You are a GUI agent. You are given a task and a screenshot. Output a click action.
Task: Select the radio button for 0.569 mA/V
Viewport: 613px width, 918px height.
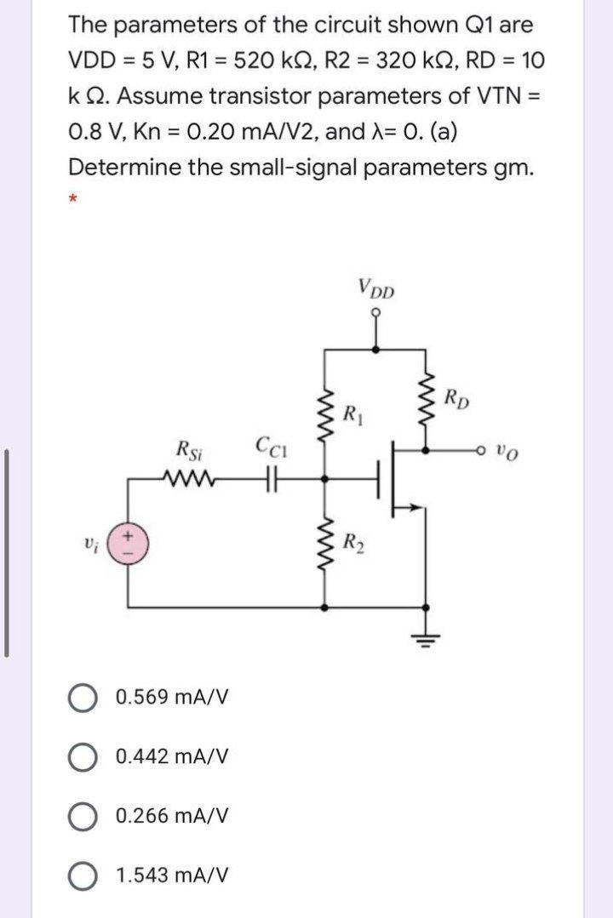[82, 697]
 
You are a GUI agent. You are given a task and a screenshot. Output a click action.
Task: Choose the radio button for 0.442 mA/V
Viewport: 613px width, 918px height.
[82, 756]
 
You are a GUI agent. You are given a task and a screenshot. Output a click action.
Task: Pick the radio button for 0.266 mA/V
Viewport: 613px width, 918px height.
[82, 815]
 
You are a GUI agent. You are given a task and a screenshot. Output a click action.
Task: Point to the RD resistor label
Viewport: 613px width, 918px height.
[460, 397]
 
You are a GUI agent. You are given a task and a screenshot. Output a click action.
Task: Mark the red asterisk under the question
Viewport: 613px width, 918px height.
[73, 199]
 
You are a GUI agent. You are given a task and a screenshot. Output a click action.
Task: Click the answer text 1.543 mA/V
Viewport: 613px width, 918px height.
[172, 875]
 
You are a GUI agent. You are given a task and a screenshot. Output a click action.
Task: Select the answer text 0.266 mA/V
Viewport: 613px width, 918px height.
[172, 815]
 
